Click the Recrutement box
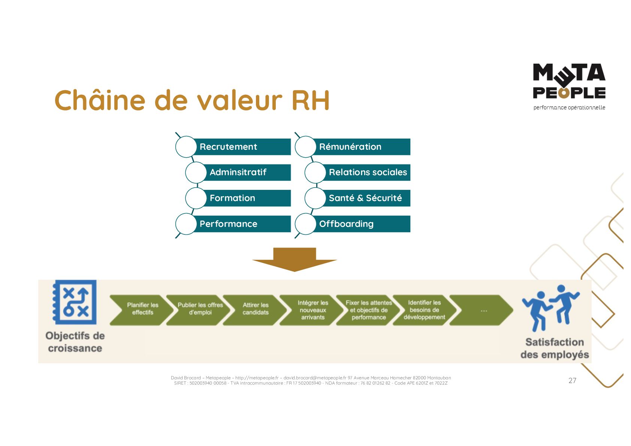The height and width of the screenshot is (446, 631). point(242,147)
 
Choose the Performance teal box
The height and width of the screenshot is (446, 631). point(242,224)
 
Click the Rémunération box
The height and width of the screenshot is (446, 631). point(361,147)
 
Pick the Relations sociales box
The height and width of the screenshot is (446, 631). point(367,172)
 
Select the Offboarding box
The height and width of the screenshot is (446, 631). point(361,224)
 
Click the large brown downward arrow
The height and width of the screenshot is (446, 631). point(295,259)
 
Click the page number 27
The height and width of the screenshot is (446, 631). point(572,380)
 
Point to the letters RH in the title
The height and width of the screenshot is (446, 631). point(310,100)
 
